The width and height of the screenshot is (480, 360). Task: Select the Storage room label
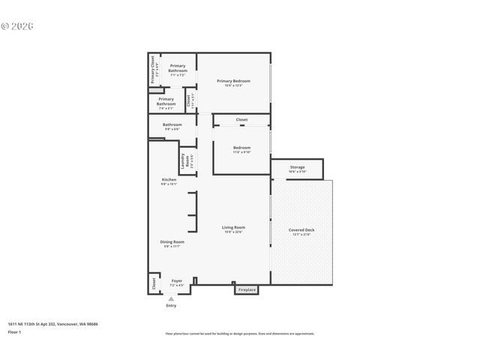click(297, 169)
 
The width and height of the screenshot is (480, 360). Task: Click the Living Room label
click(233, 229)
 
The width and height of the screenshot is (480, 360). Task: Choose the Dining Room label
click(172, 243)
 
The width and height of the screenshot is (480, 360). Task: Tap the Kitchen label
click(169, 181)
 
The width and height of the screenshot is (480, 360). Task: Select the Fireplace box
click(247, 289)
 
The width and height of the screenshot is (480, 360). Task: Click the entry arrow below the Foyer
click(171, 298)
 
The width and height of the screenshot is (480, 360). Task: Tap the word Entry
click(171, 306)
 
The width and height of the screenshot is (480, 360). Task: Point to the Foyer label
click(177, 282)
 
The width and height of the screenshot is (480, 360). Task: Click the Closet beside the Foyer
click(154, 283)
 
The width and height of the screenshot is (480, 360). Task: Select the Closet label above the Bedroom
click(241, 120)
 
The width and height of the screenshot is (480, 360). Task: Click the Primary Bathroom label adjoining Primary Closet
click(178, 70)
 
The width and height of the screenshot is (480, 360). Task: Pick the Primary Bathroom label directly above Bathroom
click(166, 102)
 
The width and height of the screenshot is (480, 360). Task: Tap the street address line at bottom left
click(52, 324)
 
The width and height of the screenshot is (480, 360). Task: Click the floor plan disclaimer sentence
click(240, 334)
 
